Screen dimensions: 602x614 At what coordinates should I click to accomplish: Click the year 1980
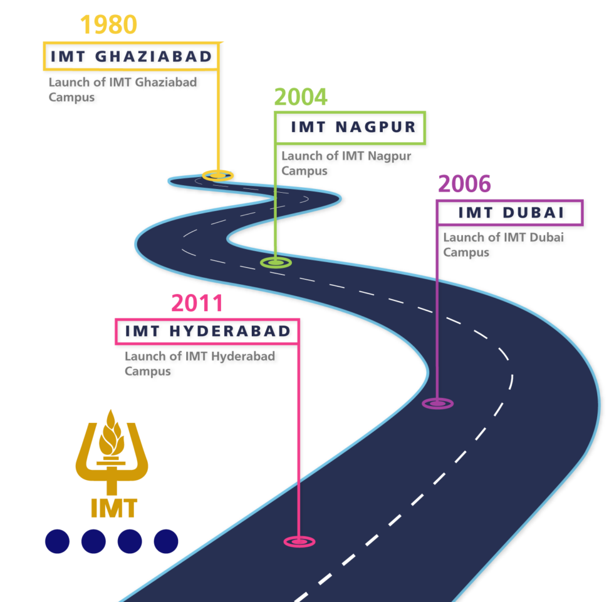coord(108,25)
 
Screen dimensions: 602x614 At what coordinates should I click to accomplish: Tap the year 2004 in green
coord(300,98)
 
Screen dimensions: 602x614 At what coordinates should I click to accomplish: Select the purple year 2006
coord(464,185)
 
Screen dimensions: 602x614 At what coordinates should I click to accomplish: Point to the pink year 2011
coord(197,304)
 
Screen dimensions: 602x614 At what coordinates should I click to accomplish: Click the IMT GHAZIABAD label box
coord(131,56)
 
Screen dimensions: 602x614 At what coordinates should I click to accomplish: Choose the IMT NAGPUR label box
coord(350,128)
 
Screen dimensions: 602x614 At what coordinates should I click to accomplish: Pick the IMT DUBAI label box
coord(509,213)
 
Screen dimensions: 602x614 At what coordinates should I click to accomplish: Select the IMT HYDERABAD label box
coord(207,331)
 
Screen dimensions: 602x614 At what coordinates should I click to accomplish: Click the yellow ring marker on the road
coord(217,175)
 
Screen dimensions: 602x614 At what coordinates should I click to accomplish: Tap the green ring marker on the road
coord(276,262)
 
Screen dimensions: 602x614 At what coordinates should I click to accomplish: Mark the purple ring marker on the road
coord(437,404)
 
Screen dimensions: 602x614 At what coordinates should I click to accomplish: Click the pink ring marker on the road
coord(299,541)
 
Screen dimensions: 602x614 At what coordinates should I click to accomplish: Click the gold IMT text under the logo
coord(113,508)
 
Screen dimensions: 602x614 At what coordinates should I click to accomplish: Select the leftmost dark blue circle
coord(57,541)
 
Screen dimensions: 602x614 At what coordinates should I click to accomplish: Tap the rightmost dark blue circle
coord(166,541)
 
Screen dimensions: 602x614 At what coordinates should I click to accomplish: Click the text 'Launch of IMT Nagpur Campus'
coord(346,163)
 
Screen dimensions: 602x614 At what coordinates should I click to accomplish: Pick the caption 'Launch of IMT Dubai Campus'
coord(503,245)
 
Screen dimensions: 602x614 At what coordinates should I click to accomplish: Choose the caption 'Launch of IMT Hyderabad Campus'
coord(199,364)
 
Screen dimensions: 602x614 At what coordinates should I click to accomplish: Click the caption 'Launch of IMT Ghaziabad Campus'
coord(122,89)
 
